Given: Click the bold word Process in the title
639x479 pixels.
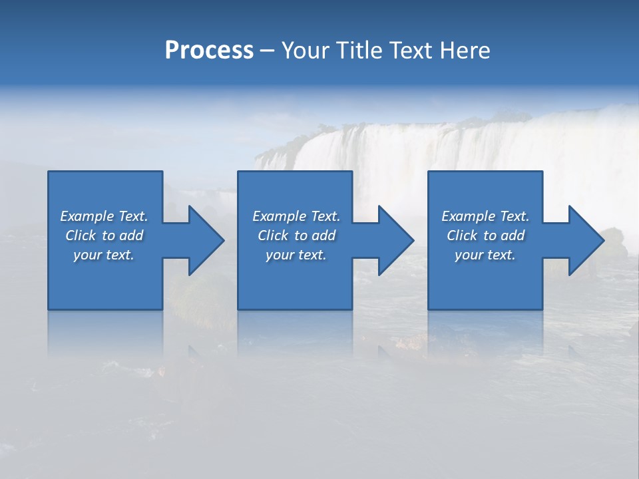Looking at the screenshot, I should pyautogui.click(x=209, y=51).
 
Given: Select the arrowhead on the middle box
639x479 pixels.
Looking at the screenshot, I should pyautogui.click(x=394, y=240).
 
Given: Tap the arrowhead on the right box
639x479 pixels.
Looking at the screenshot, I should pyautogui.click(x=584, y=240).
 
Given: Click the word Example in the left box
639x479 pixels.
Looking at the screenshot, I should pyautogui.click(x=87, y=216).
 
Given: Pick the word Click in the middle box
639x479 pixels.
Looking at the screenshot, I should pyautogui.click(x=273, y=236).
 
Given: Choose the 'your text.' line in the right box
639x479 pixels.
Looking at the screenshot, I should pyautogui.click(x=485, y=255).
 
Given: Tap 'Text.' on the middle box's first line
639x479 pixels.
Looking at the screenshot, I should pyautogui.click(x=325, y=216).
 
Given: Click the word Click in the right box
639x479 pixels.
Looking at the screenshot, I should pyautogui.click(x=462, y=236).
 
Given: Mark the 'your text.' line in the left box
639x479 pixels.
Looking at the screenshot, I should pyautogui.click(x=104, y=255).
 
